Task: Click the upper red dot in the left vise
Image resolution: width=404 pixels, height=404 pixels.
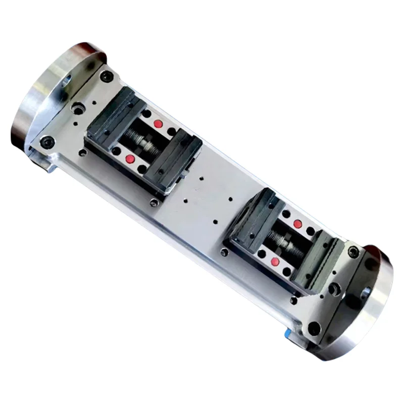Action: pyautogui.click(x=158, y=124)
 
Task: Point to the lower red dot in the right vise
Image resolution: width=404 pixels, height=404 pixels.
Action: pyautogui.click(x=275, y=261)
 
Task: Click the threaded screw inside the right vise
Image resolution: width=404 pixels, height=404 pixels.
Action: pyautogui.click(x=286, y=242)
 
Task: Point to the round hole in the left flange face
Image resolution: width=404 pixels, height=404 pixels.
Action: pyautogui.click(x=66, y=80)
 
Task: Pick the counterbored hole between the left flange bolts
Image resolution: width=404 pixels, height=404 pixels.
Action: pyautogui.click(x=77, y=108)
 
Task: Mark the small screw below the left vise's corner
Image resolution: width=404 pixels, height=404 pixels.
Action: pyautogui.click(x=154, y=203)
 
